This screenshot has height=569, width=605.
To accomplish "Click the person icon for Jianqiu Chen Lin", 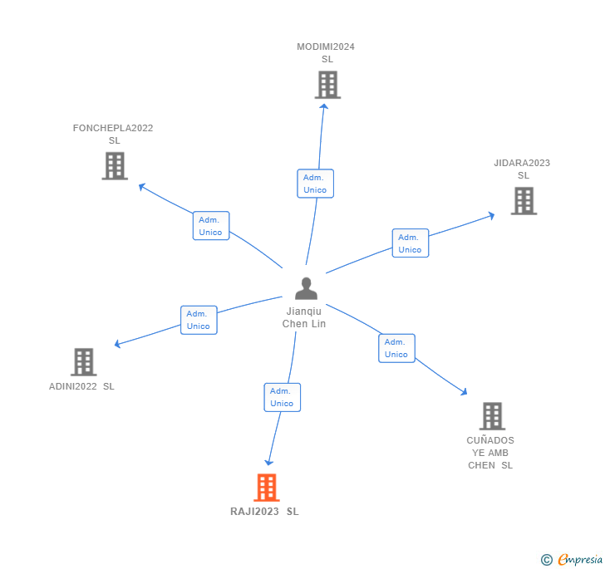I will click(306, 288).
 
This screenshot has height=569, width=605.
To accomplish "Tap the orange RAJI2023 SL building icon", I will click(266, 488).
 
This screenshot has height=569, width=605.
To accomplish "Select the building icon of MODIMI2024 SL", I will click(327, 85).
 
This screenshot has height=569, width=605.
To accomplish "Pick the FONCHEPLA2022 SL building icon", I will click(115, 166).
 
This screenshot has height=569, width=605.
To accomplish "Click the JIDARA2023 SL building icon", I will click(524, 201).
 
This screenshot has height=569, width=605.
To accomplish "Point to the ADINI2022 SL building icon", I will click(83, 362).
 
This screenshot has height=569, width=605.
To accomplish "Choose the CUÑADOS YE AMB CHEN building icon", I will click(492, 416).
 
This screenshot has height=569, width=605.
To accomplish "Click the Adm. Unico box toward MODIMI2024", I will click(315, 184).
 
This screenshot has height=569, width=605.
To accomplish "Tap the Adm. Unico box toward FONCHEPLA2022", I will click(210, 226).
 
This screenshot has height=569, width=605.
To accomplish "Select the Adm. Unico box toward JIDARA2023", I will click(410, 243).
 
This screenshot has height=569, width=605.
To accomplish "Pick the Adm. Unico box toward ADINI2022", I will click(199, 320).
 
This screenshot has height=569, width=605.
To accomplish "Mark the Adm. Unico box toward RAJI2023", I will click(282, 397).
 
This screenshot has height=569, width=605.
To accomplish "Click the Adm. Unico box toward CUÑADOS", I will click(396, 348).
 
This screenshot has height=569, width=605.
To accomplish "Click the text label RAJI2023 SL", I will click(264, 512).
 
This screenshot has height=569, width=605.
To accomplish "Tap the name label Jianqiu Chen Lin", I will click(304, 317).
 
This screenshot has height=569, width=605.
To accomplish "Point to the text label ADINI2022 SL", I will click(81, 386).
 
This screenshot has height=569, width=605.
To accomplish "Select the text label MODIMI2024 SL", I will click(326, 53).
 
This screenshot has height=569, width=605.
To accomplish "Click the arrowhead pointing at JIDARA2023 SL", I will click(491, 215).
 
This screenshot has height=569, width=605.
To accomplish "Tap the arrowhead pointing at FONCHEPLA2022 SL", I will click(142, 187).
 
